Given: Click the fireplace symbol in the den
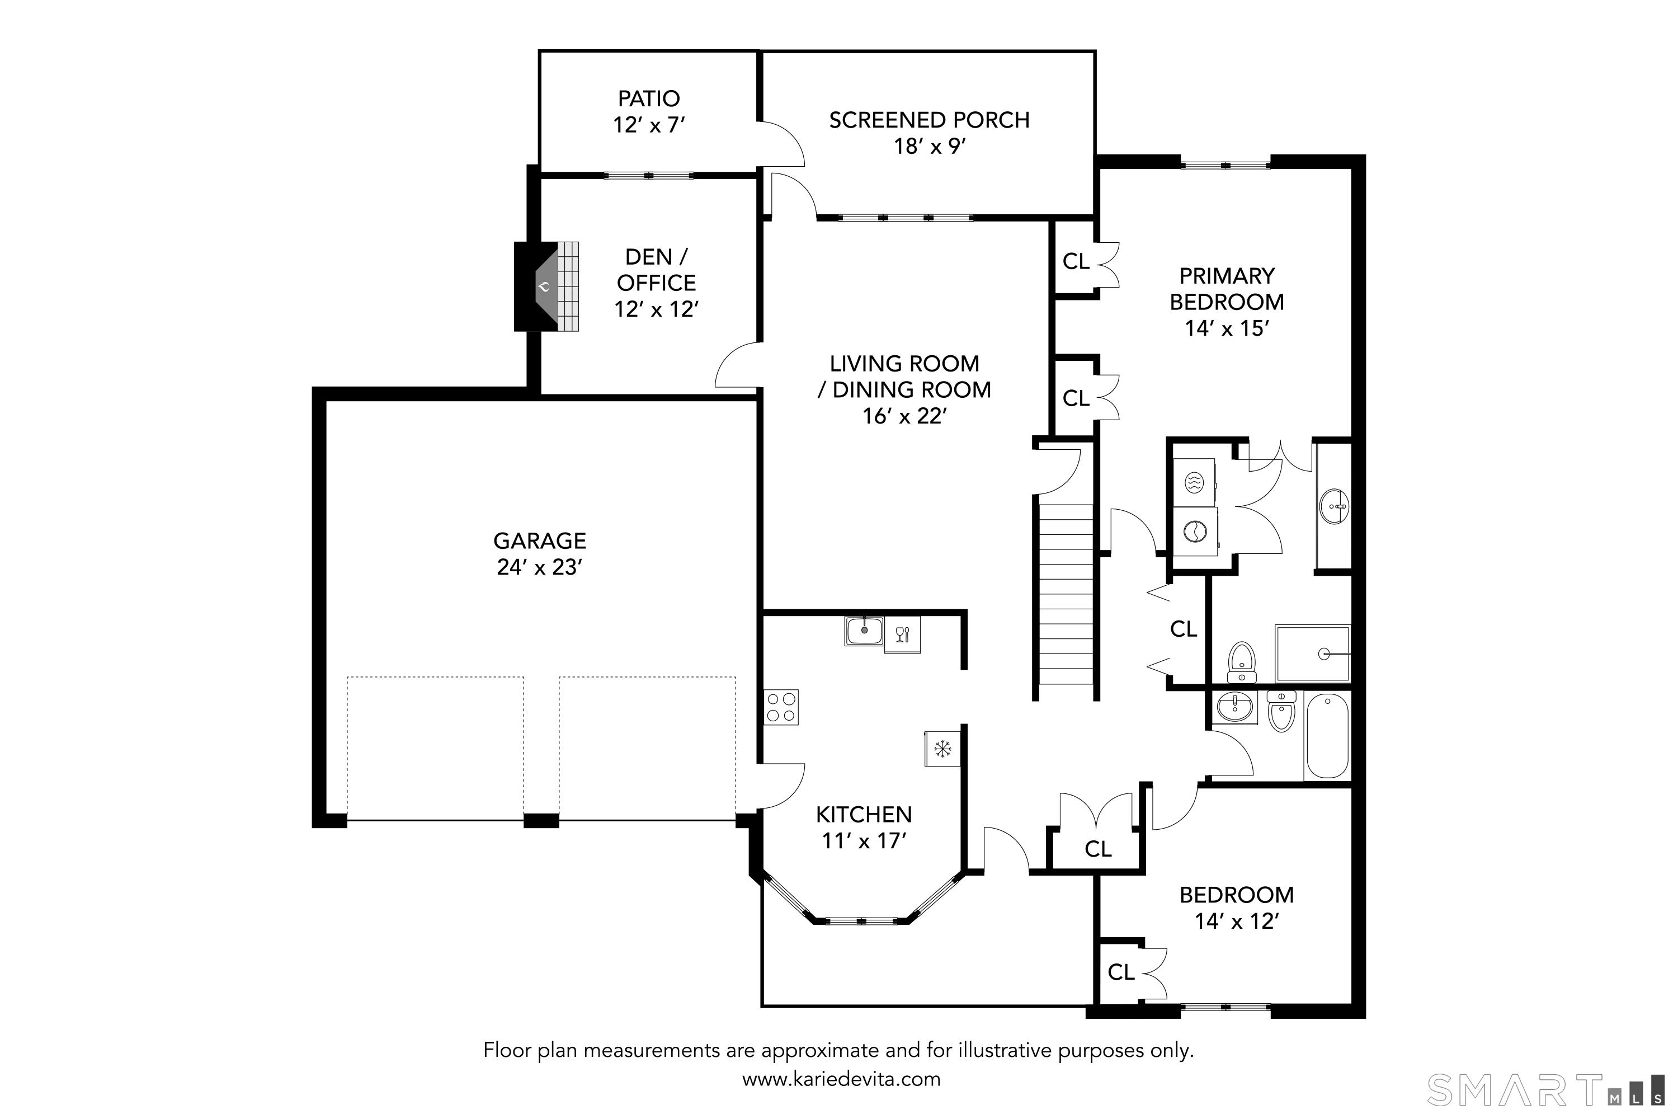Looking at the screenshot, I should [546, 287].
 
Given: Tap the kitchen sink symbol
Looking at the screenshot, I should [864, 631].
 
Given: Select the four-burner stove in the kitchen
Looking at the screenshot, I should [780, 707].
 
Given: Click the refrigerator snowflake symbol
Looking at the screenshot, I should [942, 749].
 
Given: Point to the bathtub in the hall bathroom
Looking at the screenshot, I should [1327, 736].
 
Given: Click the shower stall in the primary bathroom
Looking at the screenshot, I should [1313, 653].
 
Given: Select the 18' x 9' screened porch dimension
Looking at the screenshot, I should [930, 146].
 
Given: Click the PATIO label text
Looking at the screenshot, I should [648, 98].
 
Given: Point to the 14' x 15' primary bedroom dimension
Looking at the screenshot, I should [1227, 328].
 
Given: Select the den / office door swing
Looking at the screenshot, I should [736, 365].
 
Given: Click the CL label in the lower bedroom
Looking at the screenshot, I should [1121, 972].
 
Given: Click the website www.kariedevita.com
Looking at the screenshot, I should [841, 1079].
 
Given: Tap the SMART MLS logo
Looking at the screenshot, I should [1548, 1090].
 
